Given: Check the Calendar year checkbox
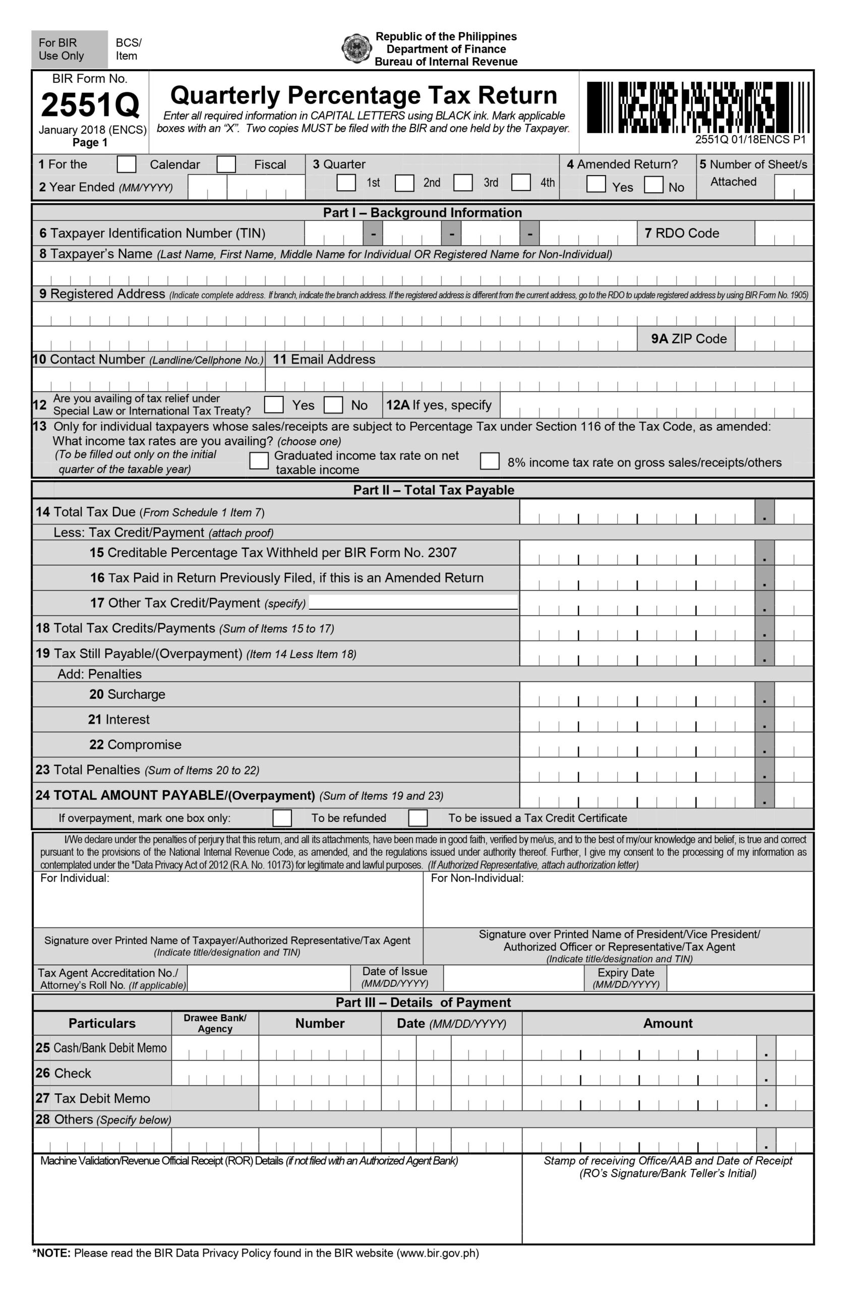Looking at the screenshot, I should click(127, 164).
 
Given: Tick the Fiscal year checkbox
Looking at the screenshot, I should click(226, 164).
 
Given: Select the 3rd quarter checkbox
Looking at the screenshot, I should click(462, 183).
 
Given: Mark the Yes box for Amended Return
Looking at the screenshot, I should click(595, 185).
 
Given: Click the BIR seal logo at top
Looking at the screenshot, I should click(356, 49).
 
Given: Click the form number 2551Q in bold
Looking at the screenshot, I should click(90, 105).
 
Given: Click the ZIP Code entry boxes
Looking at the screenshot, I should click(773, 339).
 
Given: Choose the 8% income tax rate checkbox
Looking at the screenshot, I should click(489, 461).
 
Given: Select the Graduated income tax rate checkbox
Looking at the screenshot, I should click(259, 461).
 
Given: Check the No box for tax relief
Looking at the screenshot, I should click(333, 405).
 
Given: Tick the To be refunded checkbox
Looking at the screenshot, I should click(281, 818).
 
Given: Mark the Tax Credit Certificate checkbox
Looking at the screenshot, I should click(417, 818).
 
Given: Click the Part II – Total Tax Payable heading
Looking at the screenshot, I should click(434, 490).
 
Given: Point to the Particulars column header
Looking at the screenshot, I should click(102, 1024).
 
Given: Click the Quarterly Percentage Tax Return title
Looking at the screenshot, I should click(364, 95).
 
